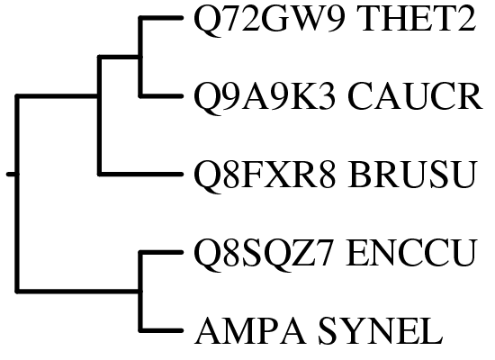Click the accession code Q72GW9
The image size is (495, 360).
click(x=269, y=20)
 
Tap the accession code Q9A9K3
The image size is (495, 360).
click(x=265, y=97)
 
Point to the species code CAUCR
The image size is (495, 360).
click(x=415, y=96)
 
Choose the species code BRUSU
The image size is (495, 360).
click(x=411, y=175)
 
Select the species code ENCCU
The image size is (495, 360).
click(x=410, y=253)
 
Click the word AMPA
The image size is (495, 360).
click(x=251, y=330)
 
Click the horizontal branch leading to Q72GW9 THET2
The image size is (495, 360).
click(x=161, y=18)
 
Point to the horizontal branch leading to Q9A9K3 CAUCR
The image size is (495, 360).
click(x=161, y=95)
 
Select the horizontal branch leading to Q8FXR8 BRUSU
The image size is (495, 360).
click(x=140, y=174)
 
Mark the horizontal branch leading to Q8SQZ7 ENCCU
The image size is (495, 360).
click(x=161, y=252)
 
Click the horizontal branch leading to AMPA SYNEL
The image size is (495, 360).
click(x=161, y=330)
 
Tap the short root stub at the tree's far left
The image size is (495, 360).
click(x=12, y=174)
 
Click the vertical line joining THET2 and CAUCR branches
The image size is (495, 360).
click(x=140, y=57)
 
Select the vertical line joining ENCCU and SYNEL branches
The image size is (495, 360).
click(x=140, y=292)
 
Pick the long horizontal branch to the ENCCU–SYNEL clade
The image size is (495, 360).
click(x=79, y=291)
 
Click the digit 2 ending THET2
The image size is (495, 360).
click(x=468, y=19)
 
